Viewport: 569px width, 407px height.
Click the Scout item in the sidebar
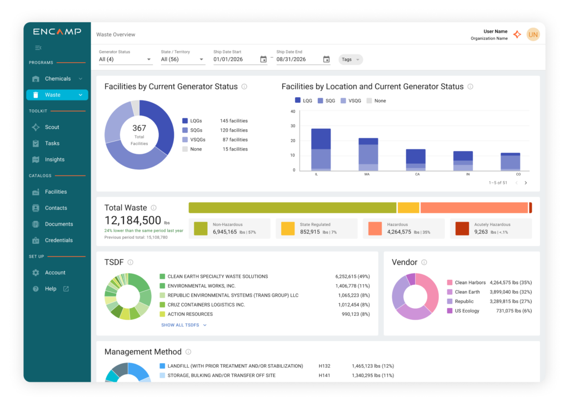(52, 127)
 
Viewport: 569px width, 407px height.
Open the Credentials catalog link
(58, 240)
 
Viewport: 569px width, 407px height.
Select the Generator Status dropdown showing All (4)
(125, 59)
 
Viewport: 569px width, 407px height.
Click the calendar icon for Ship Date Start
(263, 59)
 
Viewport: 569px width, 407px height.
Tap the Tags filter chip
(350, 59)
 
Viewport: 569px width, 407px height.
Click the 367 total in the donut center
(139, 128)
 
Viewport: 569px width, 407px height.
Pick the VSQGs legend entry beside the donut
(198, 140)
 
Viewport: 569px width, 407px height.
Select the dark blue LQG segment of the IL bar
(321, 139)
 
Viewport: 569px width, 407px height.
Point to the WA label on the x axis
(367, 174)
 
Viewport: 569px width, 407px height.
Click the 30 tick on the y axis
(293, 126)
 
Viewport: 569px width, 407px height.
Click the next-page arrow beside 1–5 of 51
(526, 183)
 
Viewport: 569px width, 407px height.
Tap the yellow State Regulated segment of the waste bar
(408, 208)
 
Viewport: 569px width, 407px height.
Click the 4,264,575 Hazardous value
(399, 232)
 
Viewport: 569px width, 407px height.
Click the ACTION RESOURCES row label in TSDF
(190, 314)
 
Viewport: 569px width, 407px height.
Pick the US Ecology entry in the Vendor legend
(467, 311)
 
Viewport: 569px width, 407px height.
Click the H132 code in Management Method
(325, 366)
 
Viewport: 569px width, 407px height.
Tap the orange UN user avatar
(533, 34)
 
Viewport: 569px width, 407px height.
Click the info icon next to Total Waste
(154, 208)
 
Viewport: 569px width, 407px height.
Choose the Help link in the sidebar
(51, 289)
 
